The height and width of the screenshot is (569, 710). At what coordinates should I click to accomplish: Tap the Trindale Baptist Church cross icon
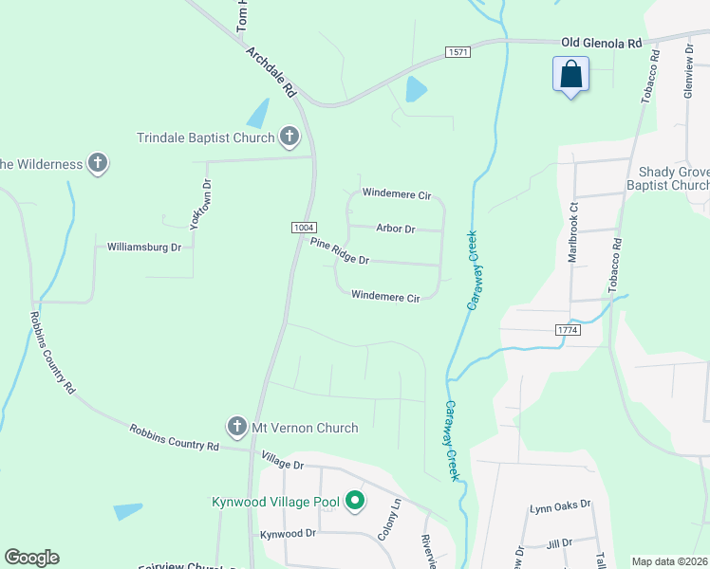290,138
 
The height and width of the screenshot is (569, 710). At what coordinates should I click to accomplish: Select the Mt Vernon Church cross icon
237,428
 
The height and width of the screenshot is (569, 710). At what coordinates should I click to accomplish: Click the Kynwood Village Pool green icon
355,500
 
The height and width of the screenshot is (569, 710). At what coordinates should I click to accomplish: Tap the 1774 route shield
568,329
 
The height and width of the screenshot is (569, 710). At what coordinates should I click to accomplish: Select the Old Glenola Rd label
602,43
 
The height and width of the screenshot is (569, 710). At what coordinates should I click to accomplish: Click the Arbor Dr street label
396,229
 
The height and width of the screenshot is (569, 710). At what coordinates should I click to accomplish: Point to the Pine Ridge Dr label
339,252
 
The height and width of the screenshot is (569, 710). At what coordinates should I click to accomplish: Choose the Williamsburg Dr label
144,247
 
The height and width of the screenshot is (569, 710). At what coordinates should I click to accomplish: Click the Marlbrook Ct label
572,231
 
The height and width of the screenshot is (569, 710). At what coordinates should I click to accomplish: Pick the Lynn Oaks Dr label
560,505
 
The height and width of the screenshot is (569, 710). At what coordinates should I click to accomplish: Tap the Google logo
31,558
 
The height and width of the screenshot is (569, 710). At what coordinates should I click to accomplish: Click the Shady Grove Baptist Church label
674,178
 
